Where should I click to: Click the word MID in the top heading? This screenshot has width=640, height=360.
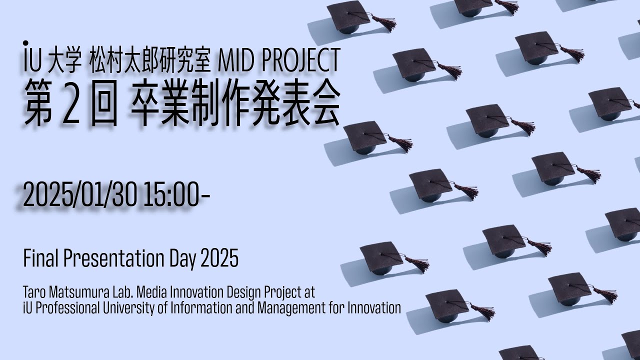(x=235, y=60)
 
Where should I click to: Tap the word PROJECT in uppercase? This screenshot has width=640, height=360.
(x=300, y=60)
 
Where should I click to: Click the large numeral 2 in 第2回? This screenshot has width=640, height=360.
(x=70, y=102)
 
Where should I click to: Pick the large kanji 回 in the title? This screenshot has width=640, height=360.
(x=104, y=103)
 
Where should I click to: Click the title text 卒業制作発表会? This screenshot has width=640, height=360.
(x=235, y=102)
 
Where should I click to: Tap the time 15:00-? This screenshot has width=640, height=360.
(x=176, y=194)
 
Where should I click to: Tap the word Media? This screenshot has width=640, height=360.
(x=151, y=292)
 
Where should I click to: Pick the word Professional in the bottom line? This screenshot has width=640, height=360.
(x=67, y=308)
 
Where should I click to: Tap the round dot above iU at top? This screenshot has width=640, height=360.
(x=25, y=43)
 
